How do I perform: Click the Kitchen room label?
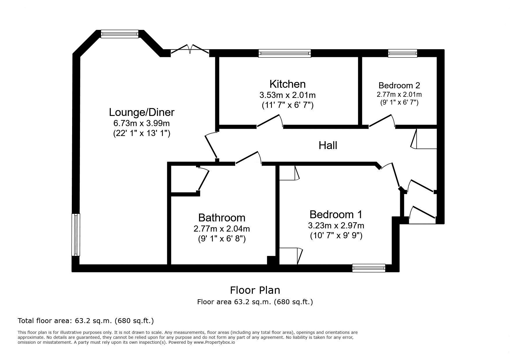point(287,84)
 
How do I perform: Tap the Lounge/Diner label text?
point(142,112)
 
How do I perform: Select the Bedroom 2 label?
point(399,85)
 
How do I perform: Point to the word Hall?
point(328,145)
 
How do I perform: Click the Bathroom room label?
point(222,218)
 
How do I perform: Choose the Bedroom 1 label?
point(336,214)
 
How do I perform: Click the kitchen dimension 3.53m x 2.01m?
point(287,95)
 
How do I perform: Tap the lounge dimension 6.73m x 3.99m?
point(141,123)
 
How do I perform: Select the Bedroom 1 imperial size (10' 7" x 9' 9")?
point(336,235)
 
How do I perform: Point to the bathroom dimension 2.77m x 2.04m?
point(222,229)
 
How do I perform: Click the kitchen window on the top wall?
point(285,53)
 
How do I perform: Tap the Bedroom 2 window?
point(402,53)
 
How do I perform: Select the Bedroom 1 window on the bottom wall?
point(369,268)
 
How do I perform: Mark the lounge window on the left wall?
point(76,235)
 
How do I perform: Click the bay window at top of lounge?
point(120,34)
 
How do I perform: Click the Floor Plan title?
point(255,290)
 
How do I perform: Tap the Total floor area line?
point(86,321)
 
